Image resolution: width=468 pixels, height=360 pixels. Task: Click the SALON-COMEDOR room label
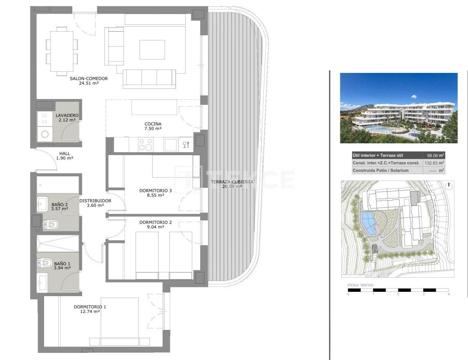pyautogui.click(x=89, y=79)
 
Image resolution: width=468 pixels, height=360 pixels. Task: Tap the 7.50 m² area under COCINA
pyautogui.click(x=153, y=129)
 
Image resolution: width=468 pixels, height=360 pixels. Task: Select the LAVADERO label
pyautogui.click(x=67, y=115)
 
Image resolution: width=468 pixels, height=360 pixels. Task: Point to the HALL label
pyautogui.click(x=65, y=153)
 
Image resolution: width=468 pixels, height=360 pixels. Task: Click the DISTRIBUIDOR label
pyautogui.click(x=95, y=201)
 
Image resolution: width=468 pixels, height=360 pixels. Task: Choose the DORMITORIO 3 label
pyautogui.click(x=155, y=191)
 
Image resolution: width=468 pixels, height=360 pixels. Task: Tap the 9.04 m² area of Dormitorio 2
pyautogui.click(x=155, y=227)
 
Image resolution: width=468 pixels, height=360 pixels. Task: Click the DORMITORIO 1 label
pyautogui.click(x=90, y=307)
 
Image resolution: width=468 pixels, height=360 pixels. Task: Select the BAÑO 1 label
pyautogui.click(x=62, y=264)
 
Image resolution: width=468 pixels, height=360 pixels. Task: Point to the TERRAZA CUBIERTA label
pyautogui.click(x=232, y=182)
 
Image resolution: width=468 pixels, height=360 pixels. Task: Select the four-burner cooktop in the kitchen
pyautogui.click(x=146, y=144)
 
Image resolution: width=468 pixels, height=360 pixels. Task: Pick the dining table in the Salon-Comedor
pyautogui.click(x=62, y=51)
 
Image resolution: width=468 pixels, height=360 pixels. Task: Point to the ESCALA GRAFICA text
pyautogui.click(x=360, y=286)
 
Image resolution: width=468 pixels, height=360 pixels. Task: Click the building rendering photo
pyautogui.click(x=398, y=108)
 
